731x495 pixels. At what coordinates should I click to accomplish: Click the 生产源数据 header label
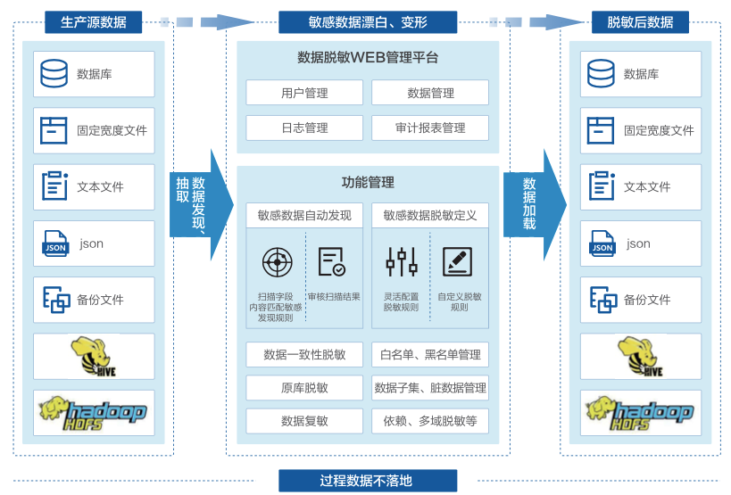[x=93, y=22]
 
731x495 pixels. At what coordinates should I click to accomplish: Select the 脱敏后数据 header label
[x=640, y=22]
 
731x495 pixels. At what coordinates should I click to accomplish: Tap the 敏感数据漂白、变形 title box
[x=367, y=22]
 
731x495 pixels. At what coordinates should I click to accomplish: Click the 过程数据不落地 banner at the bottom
[x=367, y=481]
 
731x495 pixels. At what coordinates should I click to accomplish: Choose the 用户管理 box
[x=304, y=93]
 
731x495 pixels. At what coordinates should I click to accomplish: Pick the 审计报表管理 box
[x=430, y=128]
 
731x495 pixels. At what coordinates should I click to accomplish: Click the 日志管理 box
[x=304, y=128]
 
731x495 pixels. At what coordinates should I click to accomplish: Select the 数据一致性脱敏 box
[x=304, y=355]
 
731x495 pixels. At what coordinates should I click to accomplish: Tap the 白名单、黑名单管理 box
[x=430, y=355]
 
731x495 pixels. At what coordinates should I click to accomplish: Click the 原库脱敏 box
[x=304, y=388]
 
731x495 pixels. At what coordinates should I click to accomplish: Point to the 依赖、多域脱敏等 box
[x=430, y=421]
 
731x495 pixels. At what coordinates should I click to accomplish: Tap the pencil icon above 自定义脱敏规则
[x=457, y=261]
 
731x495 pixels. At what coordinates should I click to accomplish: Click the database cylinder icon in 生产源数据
[x=54, y=74]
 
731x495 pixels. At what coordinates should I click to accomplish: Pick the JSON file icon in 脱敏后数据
[x=602, y=243]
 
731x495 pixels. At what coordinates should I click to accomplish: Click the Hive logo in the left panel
[x=93, y=356]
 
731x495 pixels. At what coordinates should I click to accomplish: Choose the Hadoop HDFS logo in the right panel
[x=640, y=412]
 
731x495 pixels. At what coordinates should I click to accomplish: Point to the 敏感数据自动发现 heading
[x=304, y=215]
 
